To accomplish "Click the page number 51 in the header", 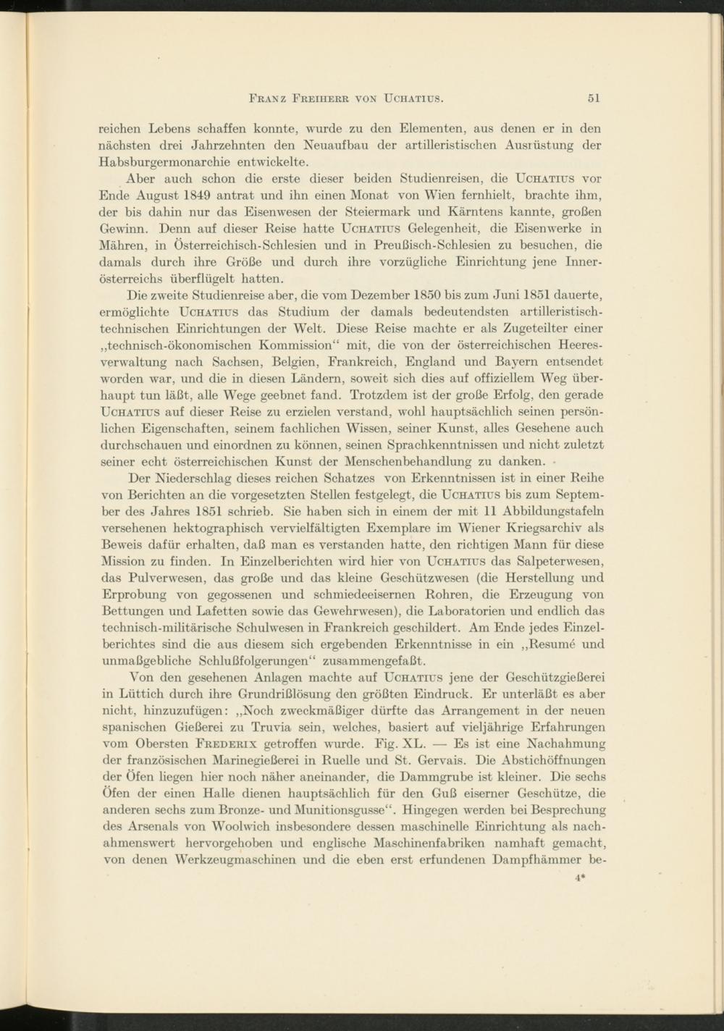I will [x=594, y=98].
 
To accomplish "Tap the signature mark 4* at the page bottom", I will [x=579, y=878].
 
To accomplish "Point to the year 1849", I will [x=198, y=195].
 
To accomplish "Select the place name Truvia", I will [x=288, y=728].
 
